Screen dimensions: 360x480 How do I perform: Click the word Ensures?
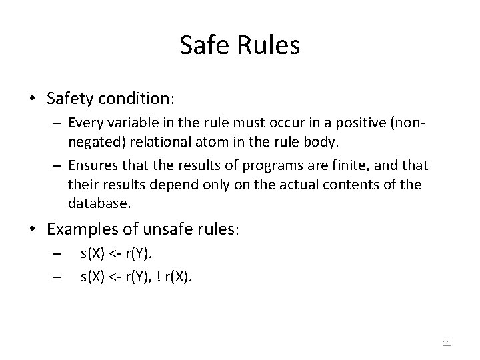pyautogui.click(x=91, y=165)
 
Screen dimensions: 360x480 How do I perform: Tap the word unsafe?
pyautogui.click(x=159, y=229)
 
